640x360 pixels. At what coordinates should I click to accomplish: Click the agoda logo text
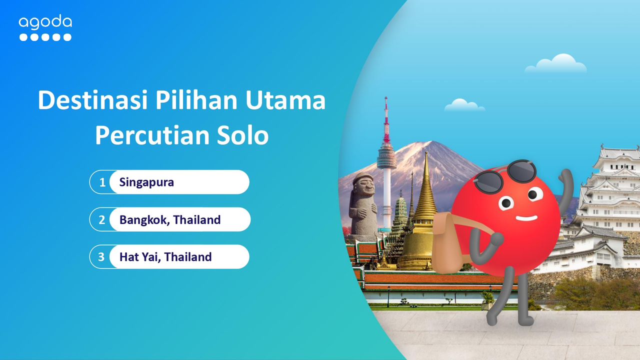(45, 22)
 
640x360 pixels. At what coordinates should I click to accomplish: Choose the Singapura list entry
(146, 182)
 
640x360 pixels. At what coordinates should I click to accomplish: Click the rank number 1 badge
(102, 182)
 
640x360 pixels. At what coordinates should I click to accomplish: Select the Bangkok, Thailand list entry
(170, 219)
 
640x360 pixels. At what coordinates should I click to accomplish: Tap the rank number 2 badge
(102, 220)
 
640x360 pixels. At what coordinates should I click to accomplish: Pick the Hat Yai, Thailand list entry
(165, 257)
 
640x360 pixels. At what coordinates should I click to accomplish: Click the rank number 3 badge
(102, 257)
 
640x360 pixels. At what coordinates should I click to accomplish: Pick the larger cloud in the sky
(556, 63)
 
